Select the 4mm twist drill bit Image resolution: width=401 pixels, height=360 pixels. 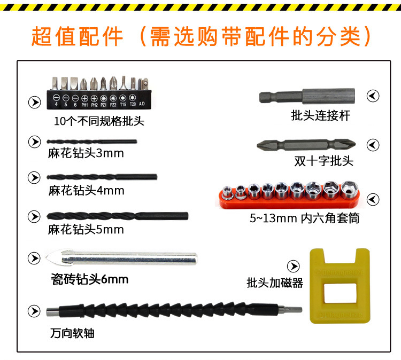102,176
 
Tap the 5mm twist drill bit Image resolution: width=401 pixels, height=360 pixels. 118,216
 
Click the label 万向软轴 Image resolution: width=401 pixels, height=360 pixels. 73,333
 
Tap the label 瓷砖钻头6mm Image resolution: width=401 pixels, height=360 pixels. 88,279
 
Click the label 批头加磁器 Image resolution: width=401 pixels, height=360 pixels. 275,283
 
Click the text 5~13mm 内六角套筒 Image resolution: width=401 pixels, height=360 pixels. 304,218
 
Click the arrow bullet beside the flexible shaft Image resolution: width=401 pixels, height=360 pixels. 34,311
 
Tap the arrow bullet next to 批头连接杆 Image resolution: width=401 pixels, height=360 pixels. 373,96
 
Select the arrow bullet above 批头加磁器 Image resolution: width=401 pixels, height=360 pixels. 293,266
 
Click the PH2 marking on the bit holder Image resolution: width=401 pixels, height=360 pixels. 94,105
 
